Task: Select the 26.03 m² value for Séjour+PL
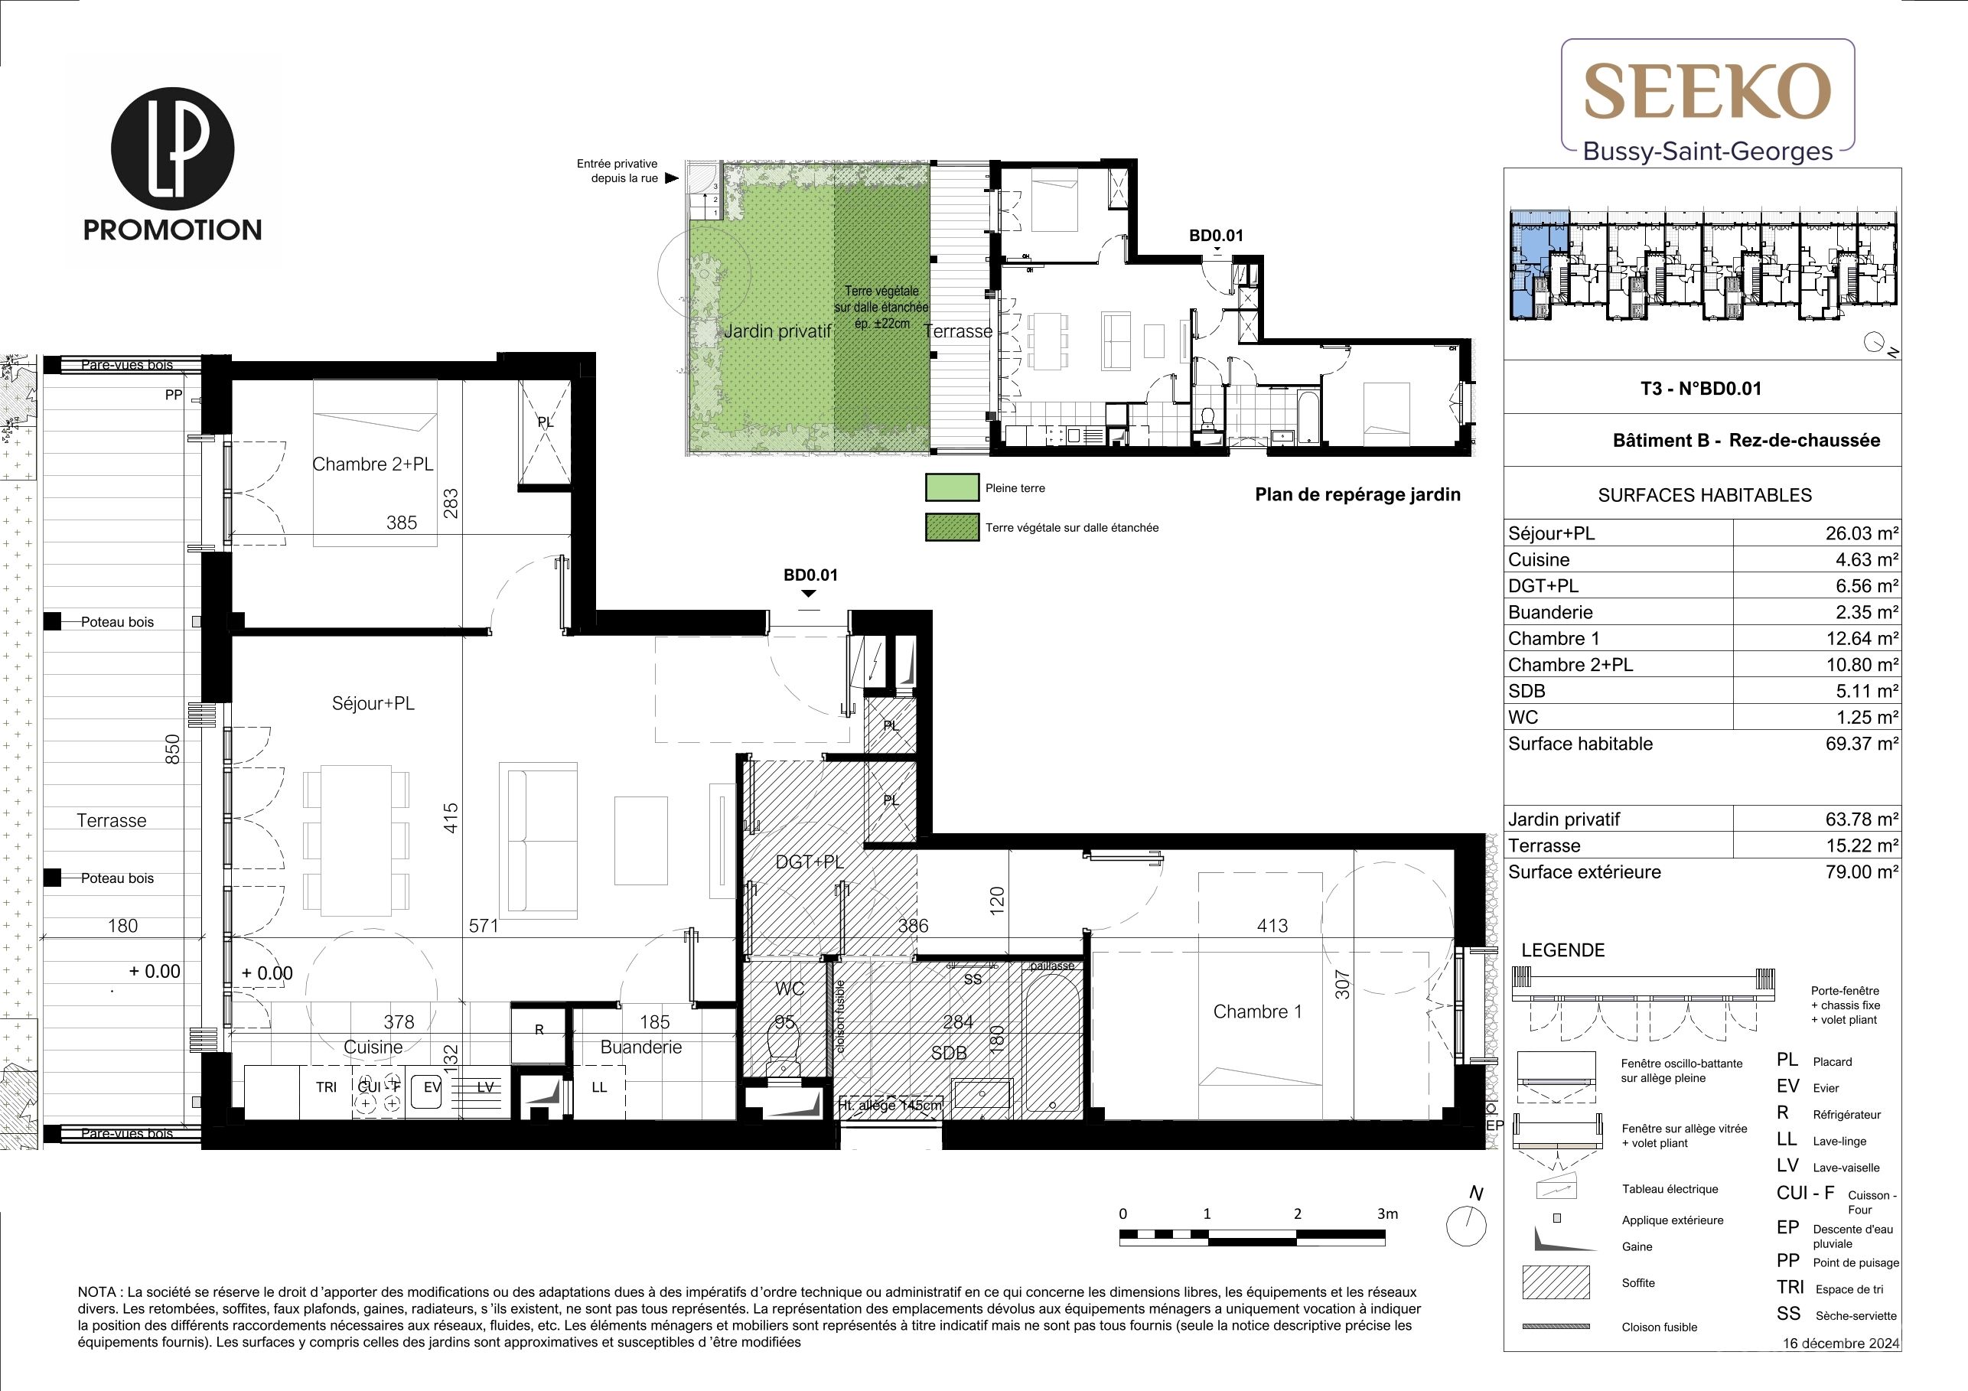pos(1862,533)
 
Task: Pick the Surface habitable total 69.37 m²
pos(1862,744)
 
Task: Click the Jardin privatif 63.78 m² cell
pos(1862,819)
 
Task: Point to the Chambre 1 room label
pos(1257,1011)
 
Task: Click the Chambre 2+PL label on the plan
pos(373,464)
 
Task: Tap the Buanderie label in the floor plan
pos(641,1047)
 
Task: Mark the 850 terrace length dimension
pos(172,749)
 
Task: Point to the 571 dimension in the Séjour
pos(484,926)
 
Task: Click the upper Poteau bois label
pos(117,622)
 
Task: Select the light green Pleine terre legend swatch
pos(951,487)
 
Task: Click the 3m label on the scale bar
pos(1386,1213)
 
